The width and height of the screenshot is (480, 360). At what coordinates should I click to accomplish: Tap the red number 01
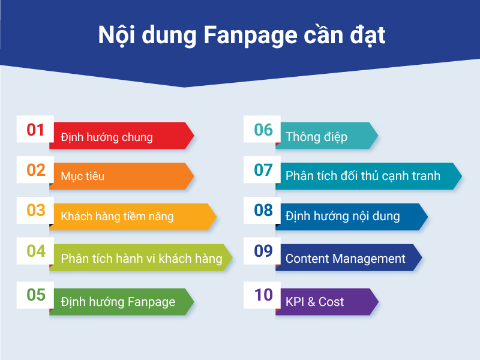tap(35, 130)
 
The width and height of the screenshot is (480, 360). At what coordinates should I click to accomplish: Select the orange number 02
tap(36, 170)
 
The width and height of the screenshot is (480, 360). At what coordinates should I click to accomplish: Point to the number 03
tap(36, 211)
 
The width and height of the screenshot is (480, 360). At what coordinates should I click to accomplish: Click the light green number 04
tap(36, 251)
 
